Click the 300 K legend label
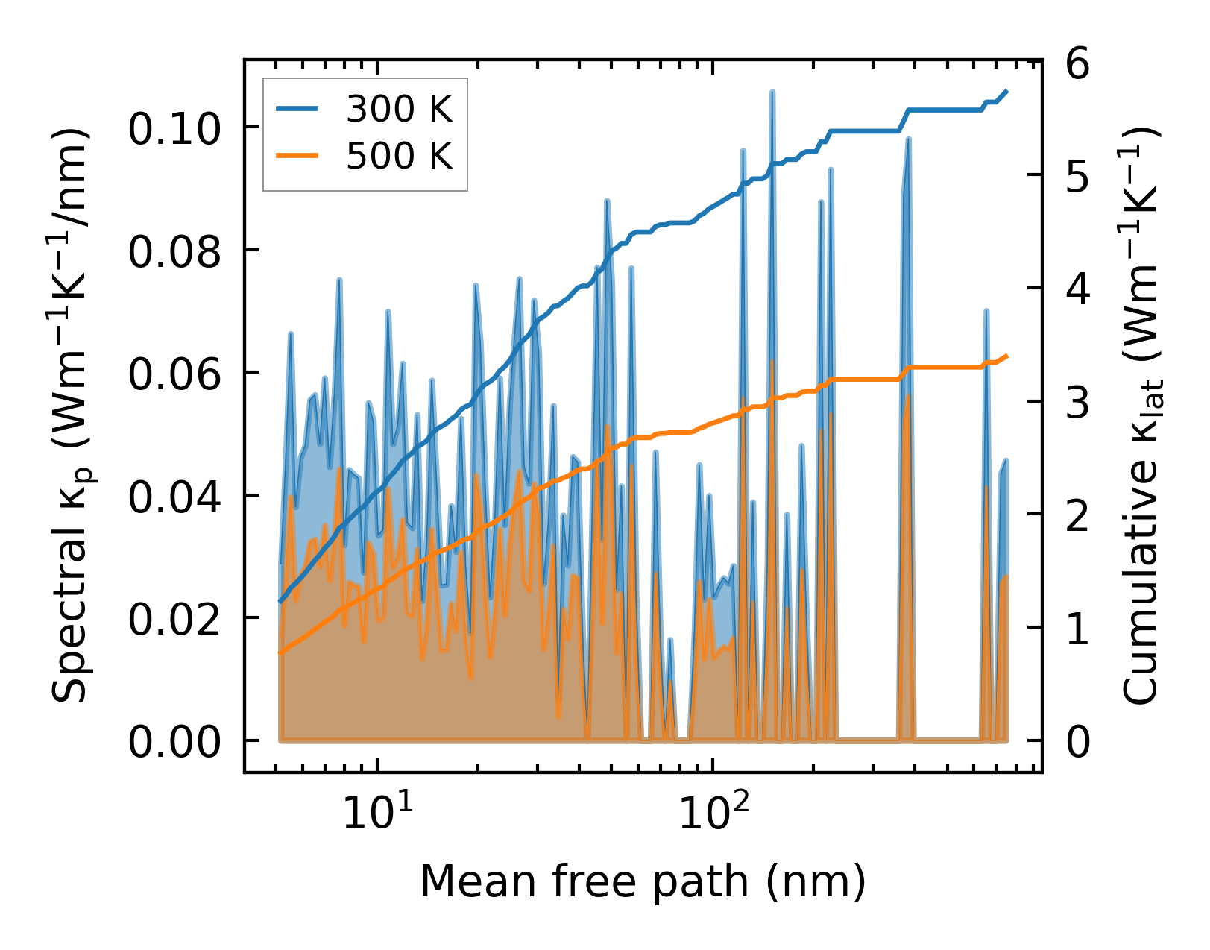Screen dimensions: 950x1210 point(399,110)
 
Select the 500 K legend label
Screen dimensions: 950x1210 point(399,157)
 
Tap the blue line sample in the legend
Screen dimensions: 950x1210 point(297,110)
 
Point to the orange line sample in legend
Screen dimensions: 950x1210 point(297,157)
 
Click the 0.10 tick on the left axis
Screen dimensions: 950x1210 point(174,129)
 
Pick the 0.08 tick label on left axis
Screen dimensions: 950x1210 point(174,252)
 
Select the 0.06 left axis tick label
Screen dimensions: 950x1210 point(174,374)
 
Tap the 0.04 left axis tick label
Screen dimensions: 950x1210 point(174,497)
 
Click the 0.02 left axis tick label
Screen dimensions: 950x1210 point(174,620)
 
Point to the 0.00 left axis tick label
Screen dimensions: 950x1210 point(174,743)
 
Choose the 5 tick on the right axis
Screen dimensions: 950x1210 point(1078,177)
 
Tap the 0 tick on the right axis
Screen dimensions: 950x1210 point(1078,743)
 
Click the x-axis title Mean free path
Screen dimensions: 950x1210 point(643,881)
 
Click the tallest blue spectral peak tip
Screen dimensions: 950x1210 point(772,92)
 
